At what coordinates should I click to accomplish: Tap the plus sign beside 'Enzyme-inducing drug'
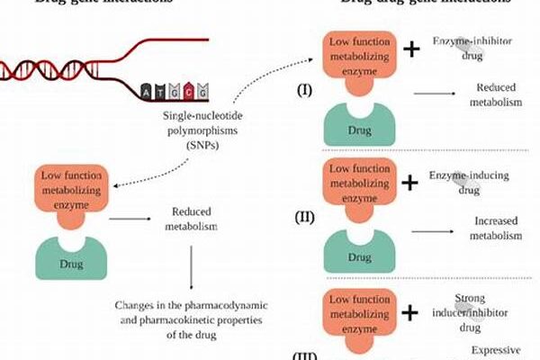tap(410, 182)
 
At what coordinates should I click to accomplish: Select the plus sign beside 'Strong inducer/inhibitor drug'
tap(410, 313)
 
